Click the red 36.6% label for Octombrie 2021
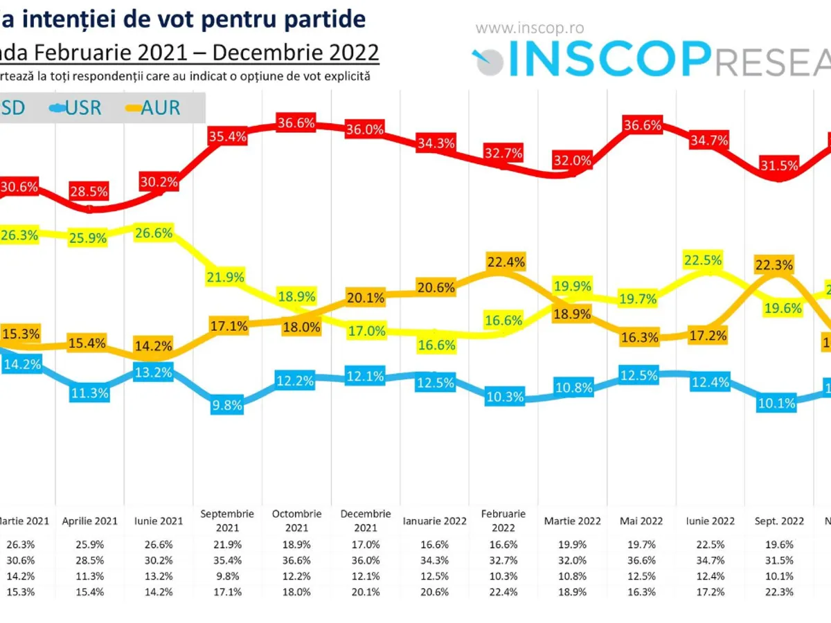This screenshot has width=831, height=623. [x=296, y=124]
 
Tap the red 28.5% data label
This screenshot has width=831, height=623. [x=89, y=190]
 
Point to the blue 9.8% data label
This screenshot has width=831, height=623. [x=227, y=406]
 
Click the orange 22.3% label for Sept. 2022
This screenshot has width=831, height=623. [x=775, y=264]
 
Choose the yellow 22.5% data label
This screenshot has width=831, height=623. [x=703, y=260]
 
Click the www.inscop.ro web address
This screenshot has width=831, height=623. [x=530, y=28]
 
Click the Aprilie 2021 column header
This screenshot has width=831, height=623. [x=90, y=521]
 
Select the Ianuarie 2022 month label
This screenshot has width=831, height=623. [x=435, y=521]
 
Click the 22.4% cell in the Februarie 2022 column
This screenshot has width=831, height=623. [x=503, y=592]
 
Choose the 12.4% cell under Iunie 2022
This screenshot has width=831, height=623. [x=710, y=575]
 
